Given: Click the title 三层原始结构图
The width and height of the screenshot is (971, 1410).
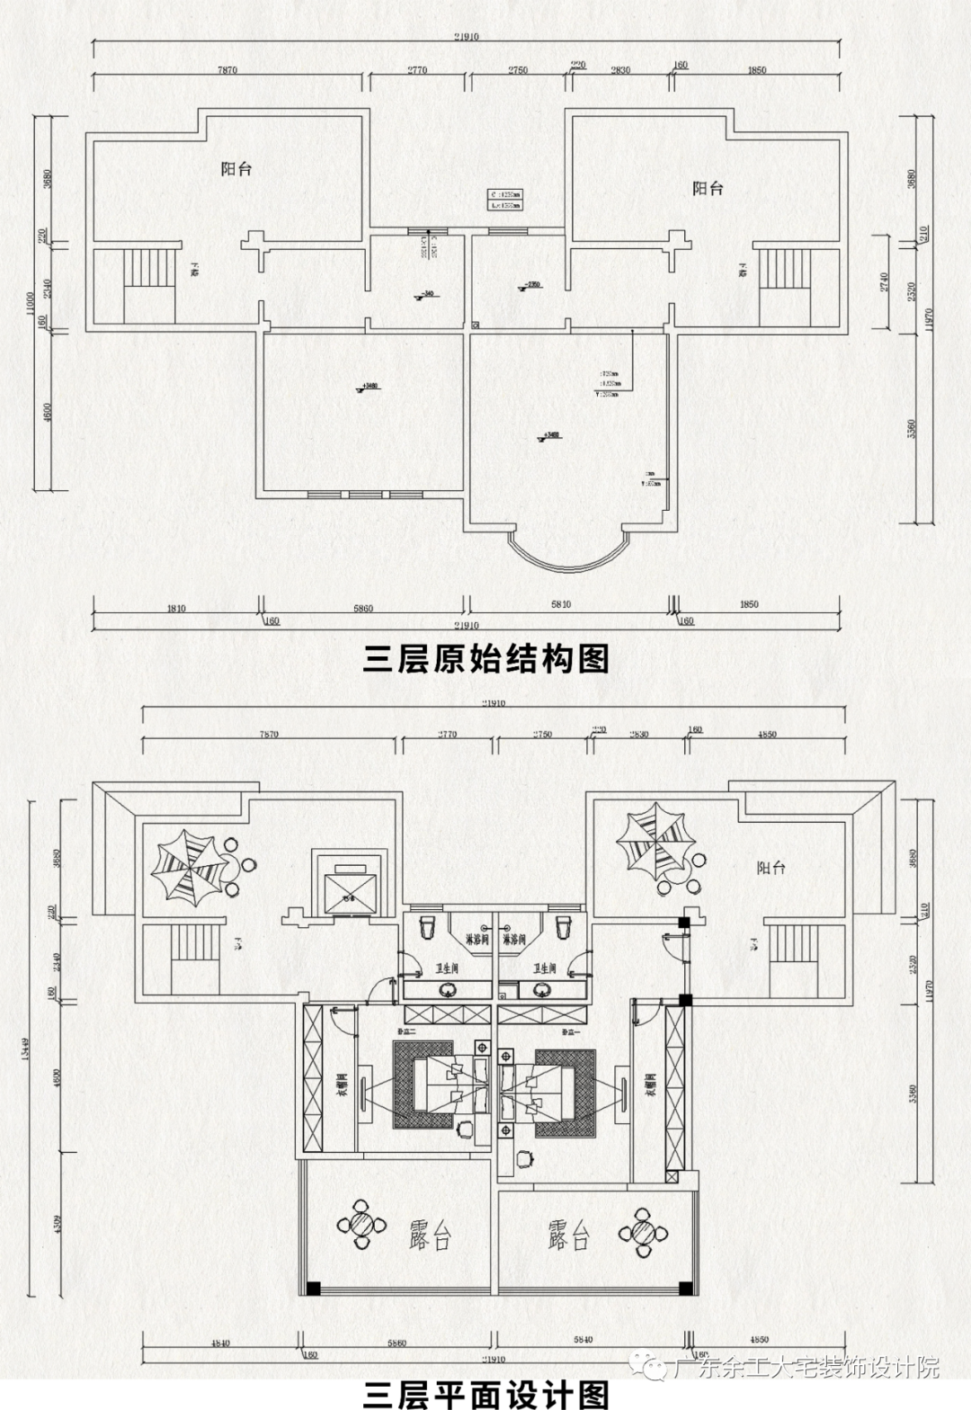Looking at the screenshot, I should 485,659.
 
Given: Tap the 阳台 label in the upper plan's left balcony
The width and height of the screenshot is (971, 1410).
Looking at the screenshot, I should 236,168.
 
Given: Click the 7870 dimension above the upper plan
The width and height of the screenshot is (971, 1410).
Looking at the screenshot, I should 227,70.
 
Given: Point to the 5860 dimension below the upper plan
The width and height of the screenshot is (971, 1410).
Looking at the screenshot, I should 363,609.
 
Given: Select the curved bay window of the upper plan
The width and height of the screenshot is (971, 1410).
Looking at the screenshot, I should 566,550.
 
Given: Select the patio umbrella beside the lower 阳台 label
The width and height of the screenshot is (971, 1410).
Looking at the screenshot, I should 655,839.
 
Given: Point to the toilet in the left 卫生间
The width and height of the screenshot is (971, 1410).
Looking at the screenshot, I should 428,925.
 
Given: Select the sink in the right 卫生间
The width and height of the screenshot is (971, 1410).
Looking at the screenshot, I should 541,990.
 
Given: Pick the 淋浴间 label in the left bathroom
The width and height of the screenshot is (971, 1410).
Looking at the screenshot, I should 477,940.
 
